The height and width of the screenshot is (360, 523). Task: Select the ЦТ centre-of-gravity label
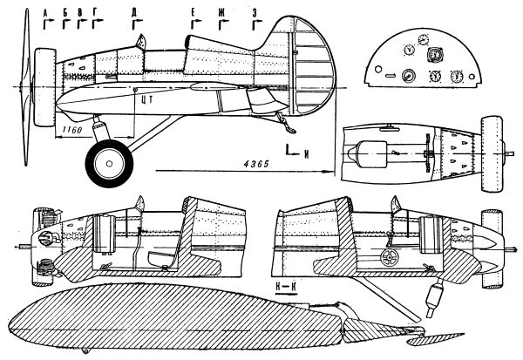click(146, 99)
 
